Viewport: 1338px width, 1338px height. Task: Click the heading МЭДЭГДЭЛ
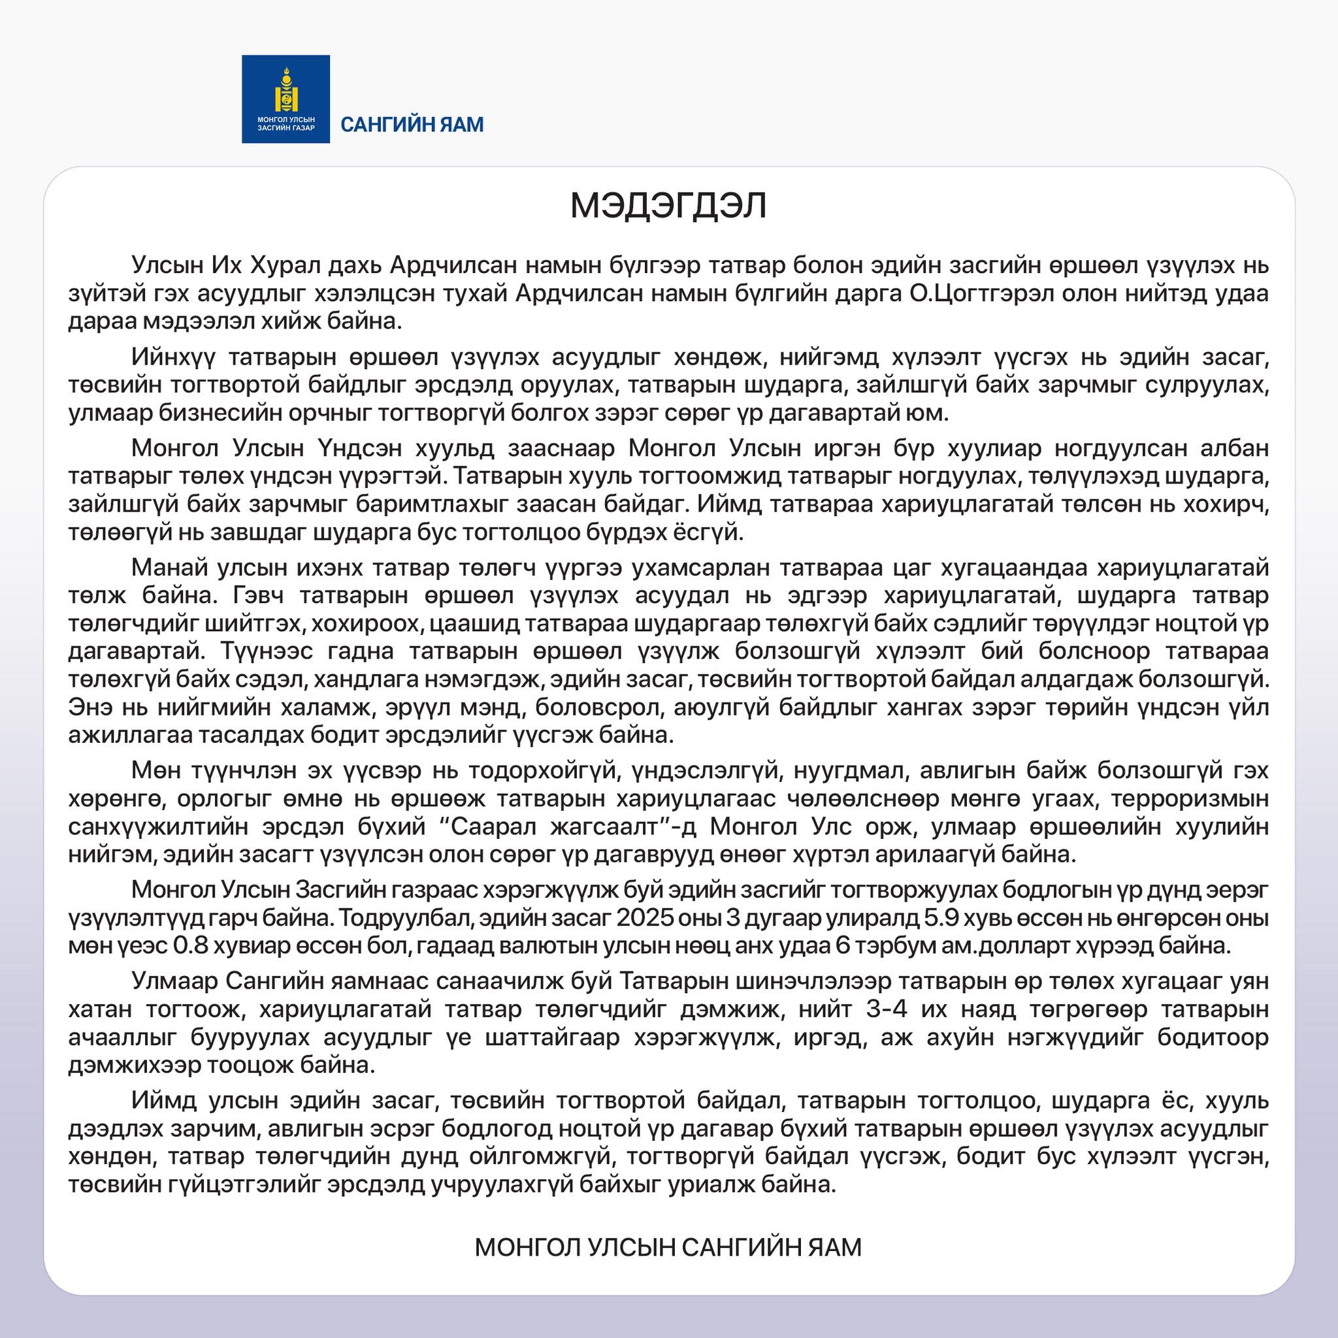668,206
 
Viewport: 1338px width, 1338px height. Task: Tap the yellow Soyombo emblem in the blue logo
286,90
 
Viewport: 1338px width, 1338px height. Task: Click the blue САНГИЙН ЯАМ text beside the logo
412,125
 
